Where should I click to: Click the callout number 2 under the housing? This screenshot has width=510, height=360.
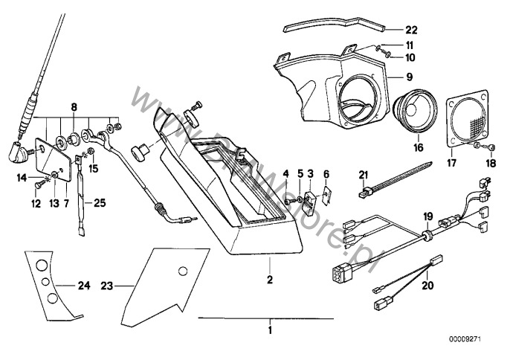270,281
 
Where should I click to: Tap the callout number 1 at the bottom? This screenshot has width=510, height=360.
271,329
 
